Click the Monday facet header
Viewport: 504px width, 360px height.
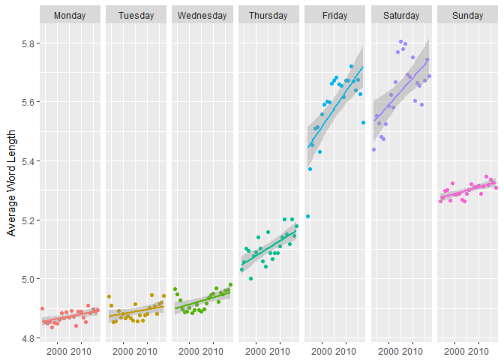[70, 15]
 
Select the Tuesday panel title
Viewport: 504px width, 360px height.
[136, 15]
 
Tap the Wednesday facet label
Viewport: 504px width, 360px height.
[202, 15]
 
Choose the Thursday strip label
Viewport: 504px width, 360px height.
[268, 15]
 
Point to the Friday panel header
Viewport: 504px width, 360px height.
[335, 15]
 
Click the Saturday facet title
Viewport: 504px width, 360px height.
[401, 15]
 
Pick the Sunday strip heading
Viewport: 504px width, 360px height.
[467, 15]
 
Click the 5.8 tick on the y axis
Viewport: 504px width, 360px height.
[28, 44]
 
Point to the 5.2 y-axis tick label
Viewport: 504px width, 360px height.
[28, 221]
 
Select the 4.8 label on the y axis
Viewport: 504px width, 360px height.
[28, 338]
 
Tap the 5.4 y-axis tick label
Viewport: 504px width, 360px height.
[28, 161]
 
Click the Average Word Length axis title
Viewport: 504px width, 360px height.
[11, 183]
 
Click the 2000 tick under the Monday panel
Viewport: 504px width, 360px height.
[57, 352]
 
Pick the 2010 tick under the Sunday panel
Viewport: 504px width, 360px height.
[478, 352]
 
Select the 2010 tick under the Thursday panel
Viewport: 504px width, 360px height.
[280, 352]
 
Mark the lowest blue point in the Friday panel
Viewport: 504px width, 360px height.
[308, 216]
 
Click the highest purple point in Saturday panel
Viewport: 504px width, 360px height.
[401, 42]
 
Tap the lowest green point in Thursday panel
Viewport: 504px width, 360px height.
[251, 279]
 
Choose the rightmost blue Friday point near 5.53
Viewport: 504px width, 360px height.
[363, 123]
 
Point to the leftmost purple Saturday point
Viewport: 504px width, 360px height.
[374, 150]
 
